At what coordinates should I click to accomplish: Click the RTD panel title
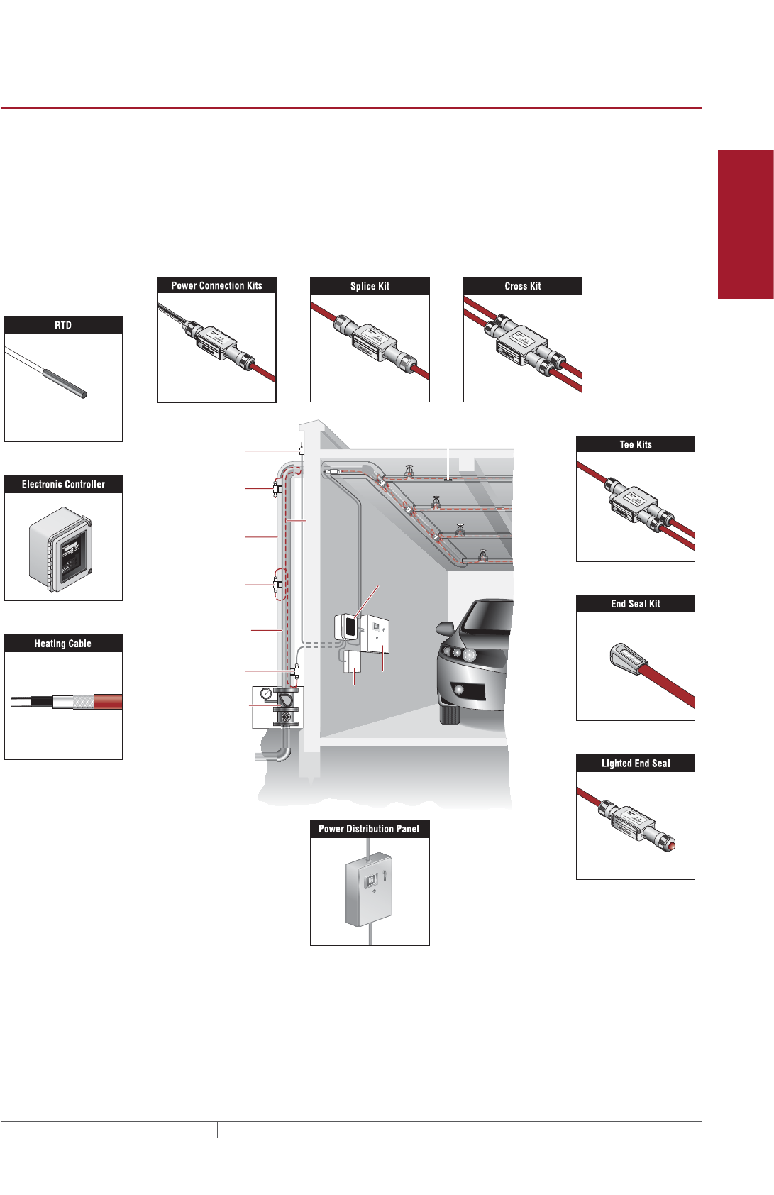(63, 325)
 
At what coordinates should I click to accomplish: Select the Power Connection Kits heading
(216, 285)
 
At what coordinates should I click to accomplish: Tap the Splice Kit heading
(370, 286)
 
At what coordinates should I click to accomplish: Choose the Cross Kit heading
(523, 286)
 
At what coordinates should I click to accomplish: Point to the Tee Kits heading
(636, 445)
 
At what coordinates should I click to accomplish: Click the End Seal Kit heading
(636, 604)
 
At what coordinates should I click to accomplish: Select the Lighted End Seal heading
(636, 764)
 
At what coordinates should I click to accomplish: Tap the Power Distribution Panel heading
(369, 829)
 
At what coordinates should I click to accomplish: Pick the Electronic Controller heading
(63, 485)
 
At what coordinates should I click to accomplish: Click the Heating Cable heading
(63, 644)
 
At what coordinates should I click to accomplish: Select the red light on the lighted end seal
(670, 844)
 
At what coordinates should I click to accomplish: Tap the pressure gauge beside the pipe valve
(266, 694)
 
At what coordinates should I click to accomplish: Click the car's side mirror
(445, 629)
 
